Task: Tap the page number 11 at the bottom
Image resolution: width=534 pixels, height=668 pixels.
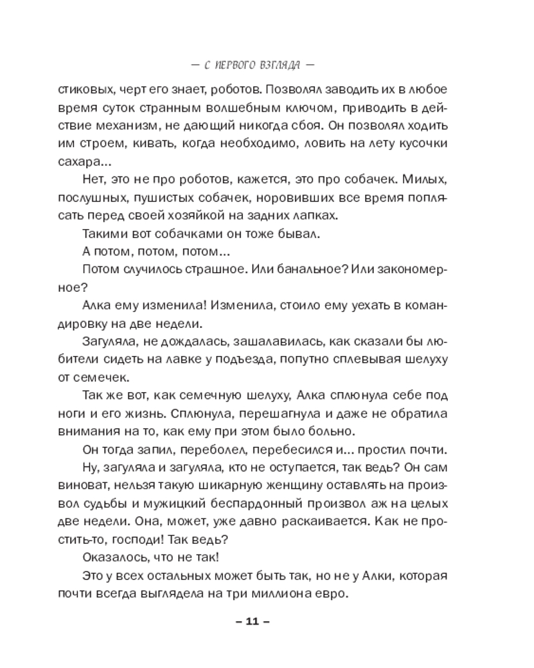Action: coord(252,622)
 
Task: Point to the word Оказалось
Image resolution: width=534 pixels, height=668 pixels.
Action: coord(113,558)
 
